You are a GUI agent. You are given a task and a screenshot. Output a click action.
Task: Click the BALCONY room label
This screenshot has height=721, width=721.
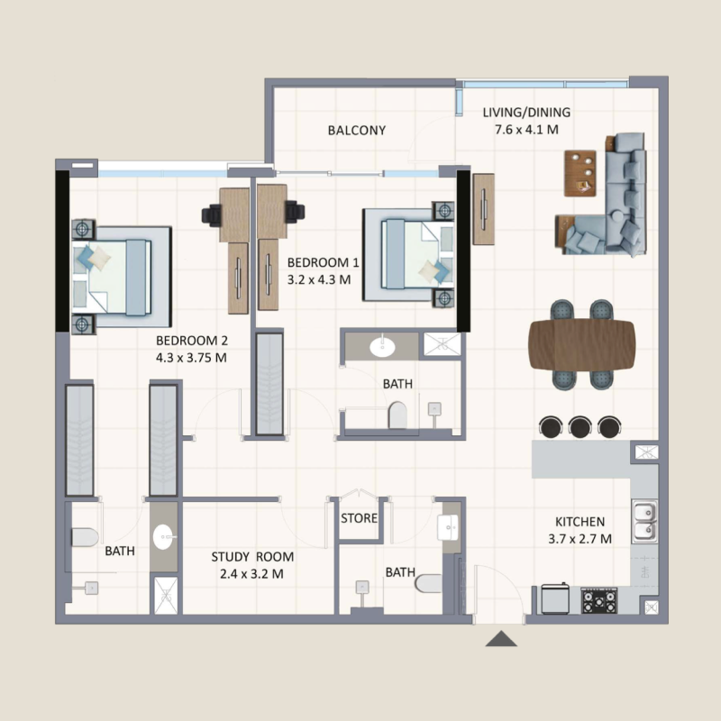coord(357,131)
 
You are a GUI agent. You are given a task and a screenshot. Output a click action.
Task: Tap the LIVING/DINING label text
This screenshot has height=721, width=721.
coord(526,113)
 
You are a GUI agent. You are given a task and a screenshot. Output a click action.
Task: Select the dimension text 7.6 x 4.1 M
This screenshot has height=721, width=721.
coord(526,130)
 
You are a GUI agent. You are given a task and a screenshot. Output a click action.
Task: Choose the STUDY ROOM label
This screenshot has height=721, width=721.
coord(252,557)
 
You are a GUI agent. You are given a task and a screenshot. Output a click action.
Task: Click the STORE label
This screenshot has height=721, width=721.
coord(359,519)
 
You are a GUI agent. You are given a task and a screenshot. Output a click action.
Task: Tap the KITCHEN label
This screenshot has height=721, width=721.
coord(580,522)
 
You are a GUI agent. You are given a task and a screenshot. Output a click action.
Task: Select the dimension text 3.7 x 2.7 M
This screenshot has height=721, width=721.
coord(580,539)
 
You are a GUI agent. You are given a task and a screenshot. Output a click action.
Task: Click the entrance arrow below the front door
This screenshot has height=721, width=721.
coord(501,639)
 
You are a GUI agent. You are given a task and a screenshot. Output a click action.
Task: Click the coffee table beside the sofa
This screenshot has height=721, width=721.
coord(580,172)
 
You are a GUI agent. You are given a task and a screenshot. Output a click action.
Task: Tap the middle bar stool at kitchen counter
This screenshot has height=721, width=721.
coord(580,425)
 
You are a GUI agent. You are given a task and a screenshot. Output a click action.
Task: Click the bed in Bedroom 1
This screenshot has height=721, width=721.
coord(411,258)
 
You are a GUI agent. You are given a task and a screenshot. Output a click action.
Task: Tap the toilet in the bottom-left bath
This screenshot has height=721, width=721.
coord(82,538)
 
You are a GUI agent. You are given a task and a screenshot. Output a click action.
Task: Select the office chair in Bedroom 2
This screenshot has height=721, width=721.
coord(213,214)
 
